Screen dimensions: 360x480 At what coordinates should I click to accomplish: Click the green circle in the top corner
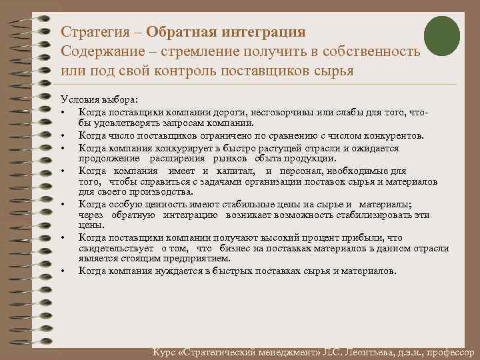(442, 35)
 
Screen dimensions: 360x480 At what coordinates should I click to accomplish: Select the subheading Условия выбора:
(97, 98)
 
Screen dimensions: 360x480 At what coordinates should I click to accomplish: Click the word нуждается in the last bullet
(189, 271)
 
